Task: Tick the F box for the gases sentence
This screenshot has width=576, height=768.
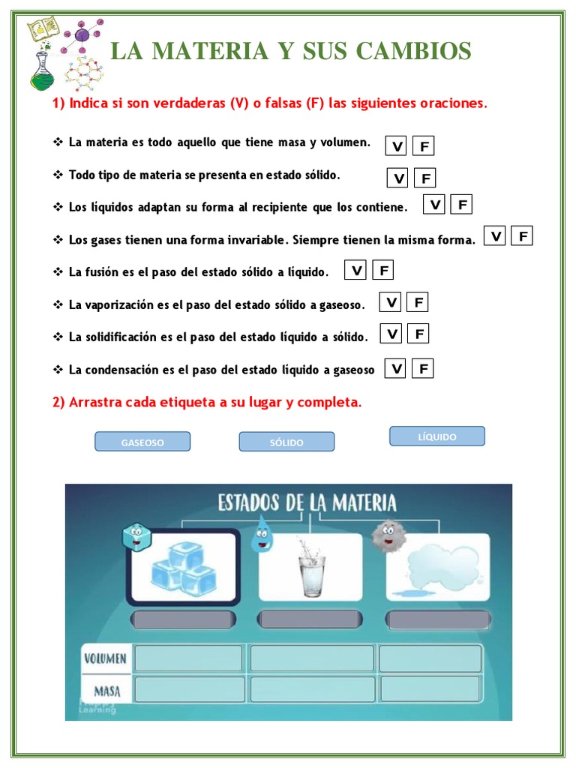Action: [x=522, y=236]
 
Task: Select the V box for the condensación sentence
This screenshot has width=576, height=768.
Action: [x=396, y=368]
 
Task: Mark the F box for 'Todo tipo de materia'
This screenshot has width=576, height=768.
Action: [x=425, y=178]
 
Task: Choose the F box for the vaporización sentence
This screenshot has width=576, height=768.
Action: [x=418, y=302]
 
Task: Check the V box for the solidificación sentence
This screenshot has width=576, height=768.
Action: [x=391, y=334]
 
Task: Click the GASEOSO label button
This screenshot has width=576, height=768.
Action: [x=142, y=442]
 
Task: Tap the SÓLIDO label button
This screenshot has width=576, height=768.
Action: [x=286, y=442]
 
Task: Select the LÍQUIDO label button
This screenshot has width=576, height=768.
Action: [x=437, y=436]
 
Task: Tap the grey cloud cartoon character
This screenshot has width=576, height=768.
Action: [x=387, y=534]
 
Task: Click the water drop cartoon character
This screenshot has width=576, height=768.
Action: [x=262, y=532]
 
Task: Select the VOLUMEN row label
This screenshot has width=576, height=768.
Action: [x=105, y=659]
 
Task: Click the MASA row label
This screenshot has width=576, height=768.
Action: [x=107, y=689]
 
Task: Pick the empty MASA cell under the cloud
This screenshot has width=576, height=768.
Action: [x=430, y=688]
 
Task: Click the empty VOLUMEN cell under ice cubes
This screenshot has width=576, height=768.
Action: [x=187, y=658]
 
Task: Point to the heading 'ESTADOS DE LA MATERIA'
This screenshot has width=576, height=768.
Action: [x=307, y=502]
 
